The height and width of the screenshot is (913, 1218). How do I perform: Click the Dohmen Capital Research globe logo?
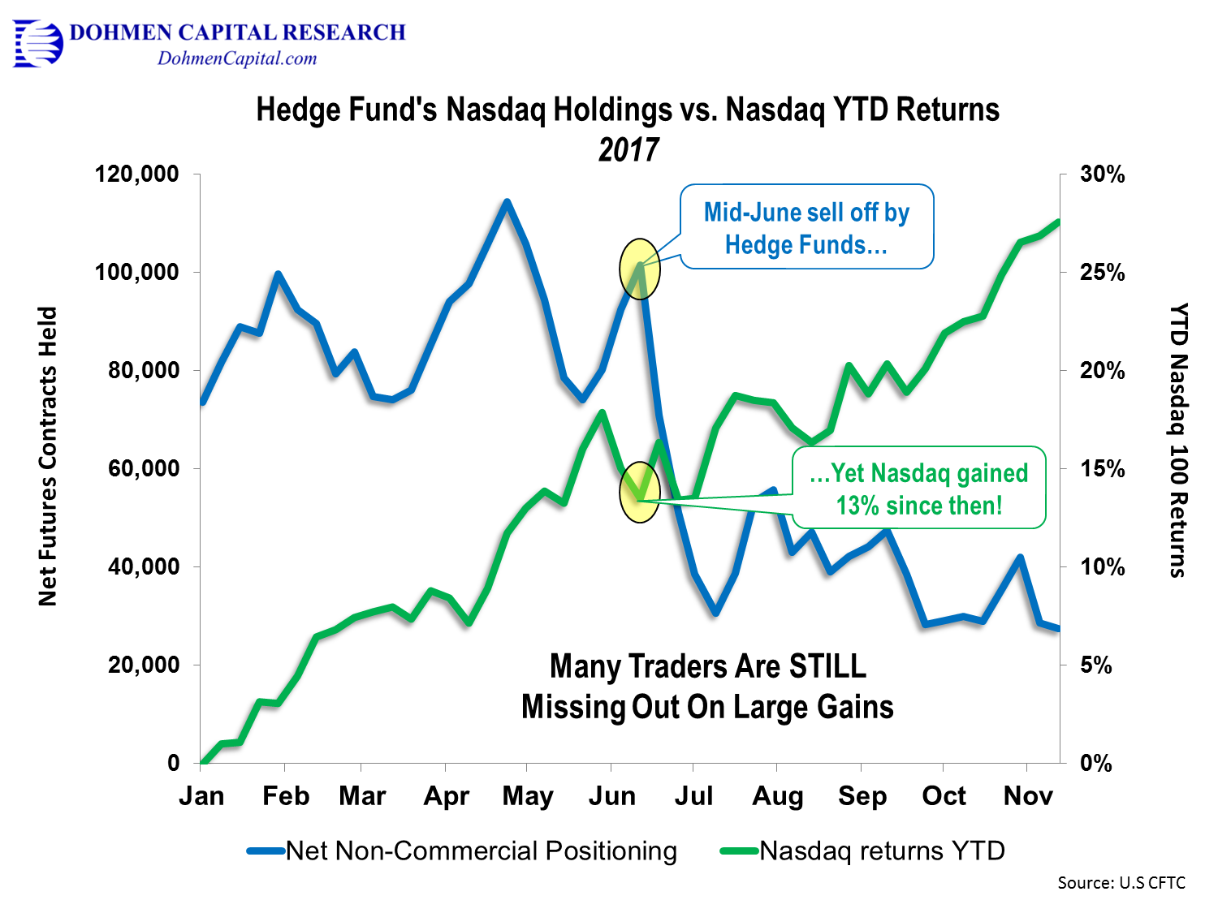(38, 44)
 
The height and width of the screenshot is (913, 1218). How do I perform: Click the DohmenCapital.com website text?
(237, 58)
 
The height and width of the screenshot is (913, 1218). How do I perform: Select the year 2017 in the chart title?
(628, 150)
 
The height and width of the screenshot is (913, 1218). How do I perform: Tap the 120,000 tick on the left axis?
(136, 174)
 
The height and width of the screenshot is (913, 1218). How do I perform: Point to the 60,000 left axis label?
(144, 468)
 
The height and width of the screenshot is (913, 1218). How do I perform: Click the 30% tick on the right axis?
(1102, 174)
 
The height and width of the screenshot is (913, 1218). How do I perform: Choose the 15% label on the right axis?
(1102, 469)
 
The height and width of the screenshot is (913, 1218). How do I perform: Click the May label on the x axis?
(528, 796)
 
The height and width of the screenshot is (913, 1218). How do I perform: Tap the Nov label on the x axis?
(1028, 796)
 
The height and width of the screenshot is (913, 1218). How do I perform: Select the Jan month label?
(201, 796)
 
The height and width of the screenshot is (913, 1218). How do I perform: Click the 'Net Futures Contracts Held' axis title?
(48, 456)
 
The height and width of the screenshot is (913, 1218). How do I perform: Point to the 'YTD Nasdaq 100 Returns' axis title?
(1178, 440)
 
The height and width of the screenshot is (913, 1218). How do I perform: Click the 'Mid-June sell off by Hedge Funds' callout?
(806, 227)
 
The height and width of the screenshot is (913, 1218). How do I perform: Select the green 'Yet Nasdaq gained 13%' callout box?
(919, 488)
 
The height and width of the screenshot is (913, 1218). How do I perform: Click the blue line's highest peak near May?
(507, 201)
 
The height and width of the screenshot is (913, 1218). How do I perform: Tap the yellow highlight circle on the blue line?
(640, 269)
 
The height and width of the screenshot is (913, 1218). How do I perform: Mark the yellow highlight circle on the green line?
(640, 492)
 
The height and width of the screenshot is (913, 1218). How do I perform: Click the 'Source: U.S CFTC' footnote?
(1121, 883)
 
